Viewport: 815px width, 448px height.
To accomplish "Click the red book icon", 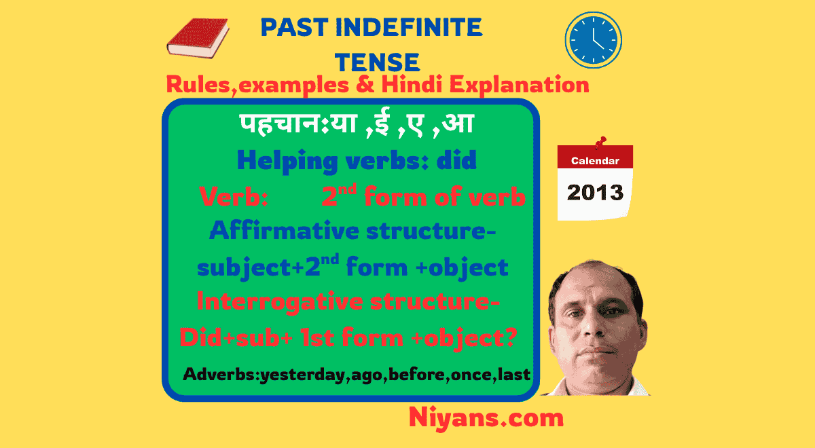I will [198, 38].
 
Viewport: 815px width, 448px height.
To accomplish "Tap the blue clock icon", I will [593, 39].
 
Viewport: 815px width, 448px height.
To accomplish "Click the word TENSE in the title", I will [378, 62].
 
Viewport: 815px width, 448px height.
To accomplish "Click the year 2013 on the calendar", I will [595, 192].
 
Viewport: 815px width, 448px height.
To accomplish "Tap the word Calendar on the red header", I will [595, 161].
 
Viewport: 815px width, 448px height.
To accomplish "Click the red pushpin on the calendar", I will [600, 144].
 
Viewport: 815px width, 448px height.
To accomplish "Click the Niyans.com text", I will [486, 417].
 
